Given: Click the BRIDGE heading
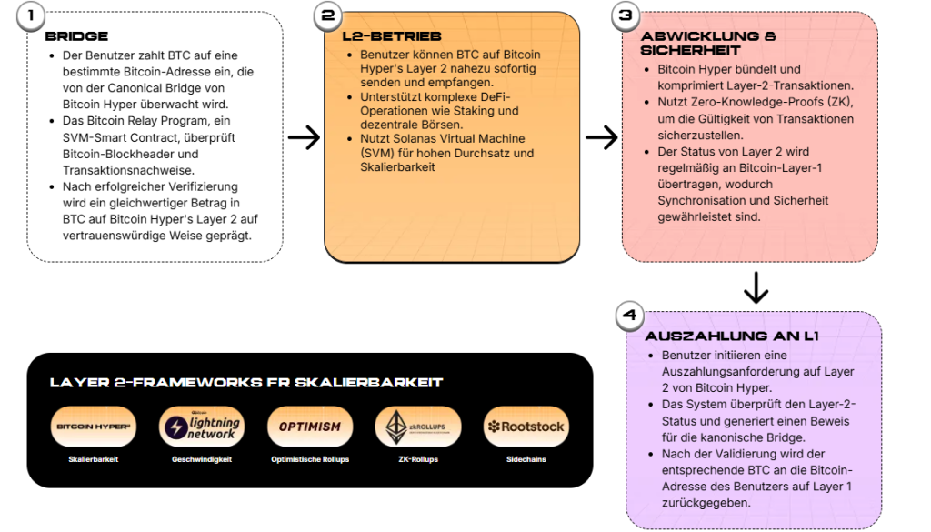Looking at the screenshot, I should click(x=76, y=36).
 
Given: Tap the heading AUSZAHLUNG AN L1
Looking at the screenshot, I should click(x=732, y=336).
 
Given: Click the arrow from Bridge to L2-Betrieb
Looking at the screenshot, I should click(x=304, y=137).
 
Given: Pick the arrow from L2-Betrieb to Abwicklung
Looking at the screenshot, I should click(x=601, y=137).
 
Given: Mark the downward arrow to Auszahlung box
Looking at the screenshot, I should click(x=756, y=287).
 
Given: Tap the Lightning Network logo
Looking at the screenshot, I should click(x=201, y=427).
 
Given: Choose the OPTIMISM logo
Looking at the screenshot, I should click(x=309, y=427).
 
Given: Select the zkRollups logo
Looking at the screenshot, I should click(x=418, y=427).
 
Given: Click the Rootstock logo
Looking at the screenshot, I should click(x=526, y=427).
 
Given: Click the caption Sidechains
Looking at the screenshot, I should click(x=526, y=459).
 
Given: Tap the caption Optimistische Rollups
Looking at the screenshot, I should click(x=309, y=459).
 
